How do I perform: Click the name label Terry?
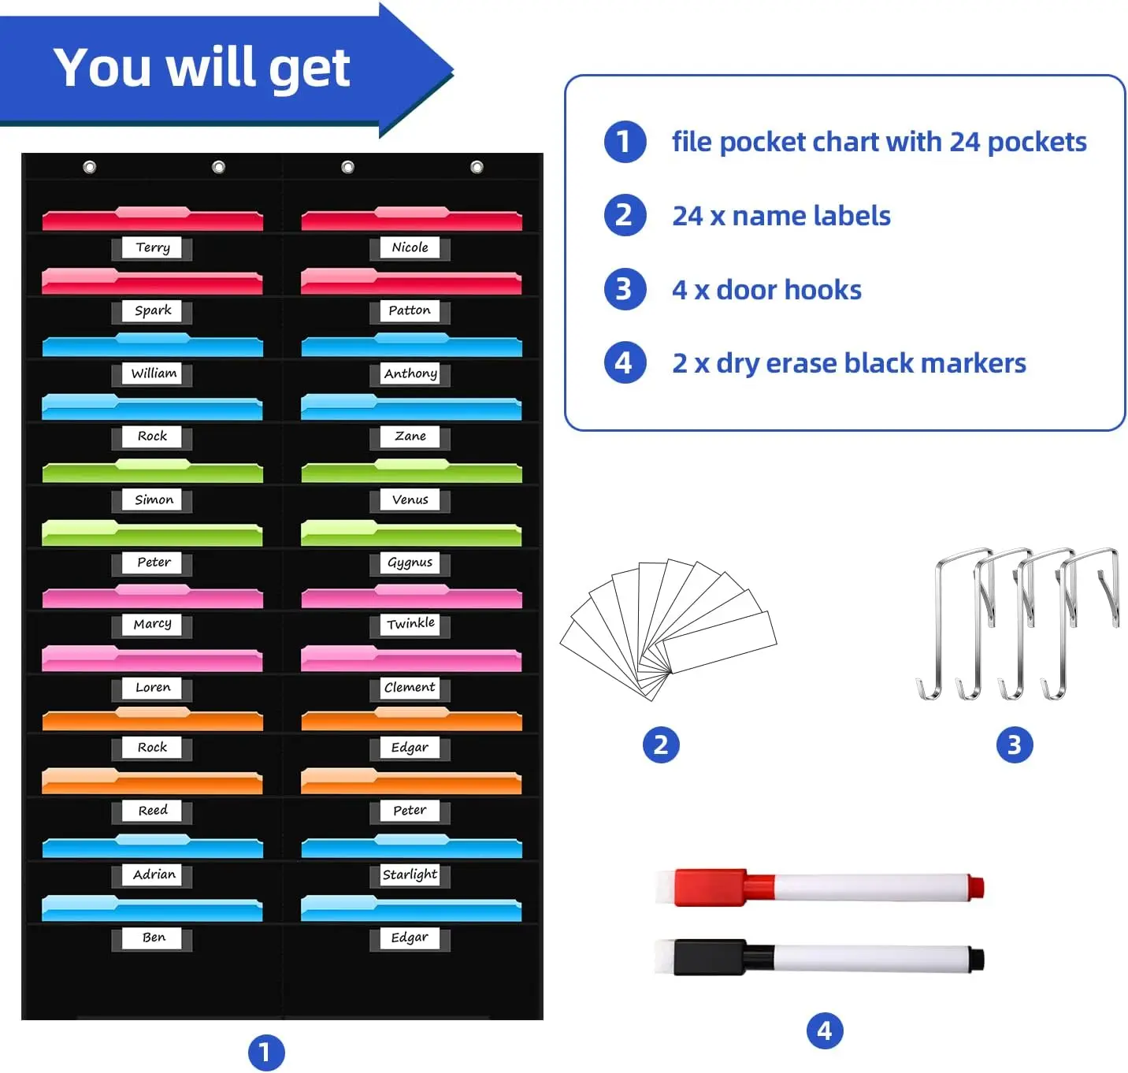coord(153,247)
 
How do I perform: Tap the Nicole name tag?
coord(410,247)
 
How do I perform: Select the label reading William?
coord(154,373)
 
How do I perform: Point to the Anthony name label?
coord(410,373)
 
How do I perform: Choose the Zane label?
coord(410,436)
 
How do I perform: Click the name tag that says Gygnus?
coord(410,562)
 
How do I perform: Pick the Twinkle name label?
coord(410,624)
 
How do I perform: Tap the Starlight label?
coord(410,874)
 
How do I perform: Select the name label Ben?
coord(154,937)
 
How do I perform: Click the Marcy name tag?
coord(153,624)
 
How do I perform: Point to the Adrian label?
coord(154,874)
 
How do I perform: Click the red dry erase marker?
coord(819,886)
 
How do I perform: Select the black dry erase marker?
coord(819,958)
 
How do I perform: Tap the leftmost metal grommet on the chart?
coord(90,167)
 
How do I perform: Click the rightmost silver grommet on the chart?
coord(477,167)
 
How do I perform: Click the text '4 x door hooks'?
coord(766,290)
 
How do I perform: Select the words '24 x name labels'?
coord(781,216)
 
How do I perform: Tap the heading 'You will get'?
coord(202,68)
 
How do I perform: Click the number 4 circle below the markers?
coord(825,1030)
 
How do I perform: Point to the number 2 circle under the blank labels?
coord(661,744)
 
